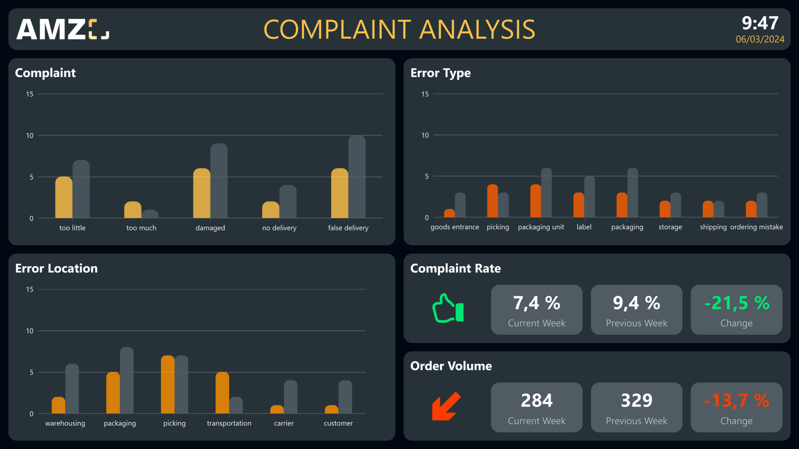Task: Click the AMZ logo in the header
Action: pyautogui.click(x=62, y=29)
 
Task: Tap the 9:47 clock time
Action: pyautogui.click(x=759, y=23)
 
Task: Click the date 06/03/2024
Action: pyautogui.click(x=759, y=39)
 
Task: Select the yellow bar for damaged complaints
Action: pyautogui.click(x=201, y=193)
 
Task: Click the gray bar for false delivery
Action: pyautogui.click(x=357, y=177)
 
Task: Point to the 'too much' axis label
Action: pyautogui.click(x=141, y=228)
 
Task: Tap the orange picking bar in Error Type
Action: pyautogui.click(x=492, y=201)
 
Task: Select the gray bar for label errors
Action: pyautogui.click(x=589, y=197)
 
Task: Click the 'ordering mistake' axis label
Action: pyautogui.click(x=756, y=227)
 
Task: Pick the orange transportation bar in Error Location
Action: pyautogui.click(x=222, y=393)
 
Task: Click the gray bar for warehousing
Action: pyautogui.click(x=72, y=389)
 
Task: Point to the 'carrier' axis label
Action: pyautogui.click(x=283, y=423)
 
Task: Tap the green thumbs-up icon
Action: pyautogui.click(x=447, y=308)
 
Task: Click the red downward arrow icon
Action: pyautogui.click(x=446, y=406)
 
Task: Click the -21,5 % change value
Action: pyautogui.click(x=736, y=303)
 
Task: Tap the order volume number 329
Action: pyautogui.click(x=636, y=401)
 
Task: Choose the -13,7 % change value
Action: pyautogui.click(x=736, y=401)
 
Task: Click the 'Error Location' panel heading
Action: pyautogui.click(x=56, y=269)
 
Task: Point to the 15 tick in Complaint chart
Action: pyautogui.click(x=30, y=94)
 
